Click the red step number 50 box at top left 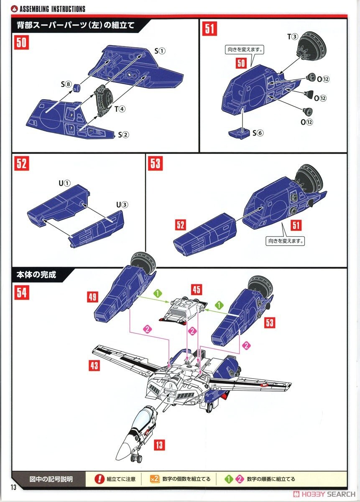pos(22,43)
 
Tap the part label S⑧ pos(66,84)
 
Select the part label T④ pos(120,109)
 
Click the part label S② pos(123,135)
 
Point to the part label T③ pos(292,37)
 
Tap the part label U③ pos(122,205)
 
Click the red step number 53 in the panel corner pos(155,164)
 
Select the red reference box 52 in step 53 pos(181,225)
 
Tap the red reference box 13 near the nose pos(159,445)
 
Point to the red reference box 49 pos(93,297)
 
